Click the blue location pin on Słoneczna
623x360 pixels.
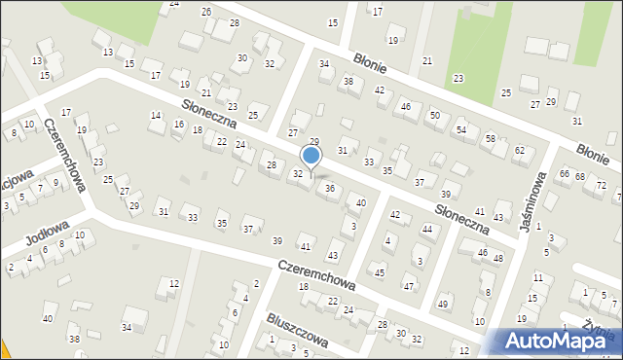pyautogui.click(x=311, y=157)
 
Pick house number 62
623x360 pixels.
pyautogui.click(x=519, y=150)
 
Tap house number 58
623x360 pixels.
pyautogui.click(x=490, y=139)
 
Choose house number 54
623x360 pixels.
pyautogui.click(x=461, y=128)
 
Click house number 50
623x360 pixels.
pyautogui.click(x=434, y=116)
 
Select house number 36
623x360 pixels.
pyautogui.click(x=330, y=188)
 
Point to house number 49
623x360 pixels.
pyautogui.click(x=444, y=304)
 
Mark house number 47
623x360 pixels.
pyautogui.click(x=409, y=286)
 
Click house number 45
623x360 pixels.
pyautogui.click(x=380, y=272)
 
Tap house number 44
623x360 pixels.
pyautogui.click(x=426, y=229)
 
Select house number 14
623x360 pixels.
pyautogui.click(x=155, y=116)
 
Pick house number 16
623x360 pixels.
pyautogui.click(x=178, y=124)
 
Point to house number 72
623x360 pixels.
pyautogui.click(x=601, y=185)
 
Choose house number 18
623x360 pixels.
pyautogui.click(x=303, y=286)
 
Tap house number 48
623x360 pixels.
pyautogui.click(x=497, y=258)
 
